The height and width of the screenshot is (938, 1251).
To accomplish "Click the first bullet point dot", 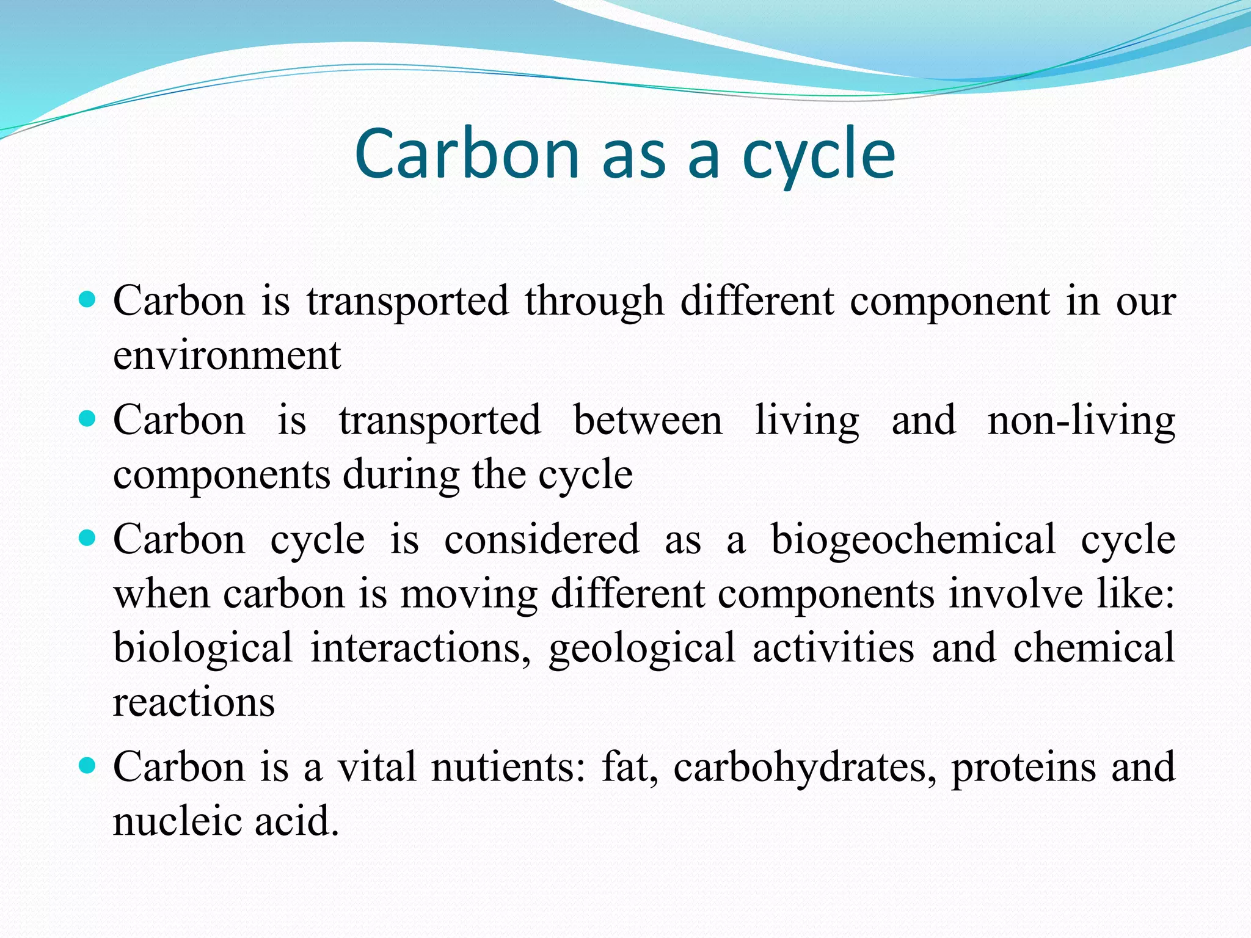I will pos(88,300).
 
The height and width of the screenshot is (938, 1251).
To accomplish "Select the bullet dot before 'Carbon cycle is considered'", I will pos(88,538).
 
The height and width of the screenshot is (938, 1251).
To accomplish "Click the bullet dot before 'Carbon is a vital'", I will pos(88,765).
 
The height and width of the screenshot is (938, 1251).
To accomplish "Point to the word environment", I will pos(227,355).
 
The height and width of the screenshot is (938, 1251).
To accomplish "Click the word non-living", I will pos(1081,421).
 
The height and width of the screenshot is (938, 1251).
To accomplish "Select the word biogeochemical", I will pos(913,540).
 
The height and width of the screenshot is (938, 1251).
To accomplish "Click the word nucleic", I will pos(176,821).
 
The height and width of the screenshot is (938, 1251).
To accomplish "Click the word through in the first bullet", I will pos(594,302).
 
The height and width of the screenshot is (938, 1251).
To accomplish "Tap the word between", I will pos(647,421).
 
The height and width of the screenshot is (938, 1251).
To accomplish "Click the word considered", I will pos(541,540).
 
